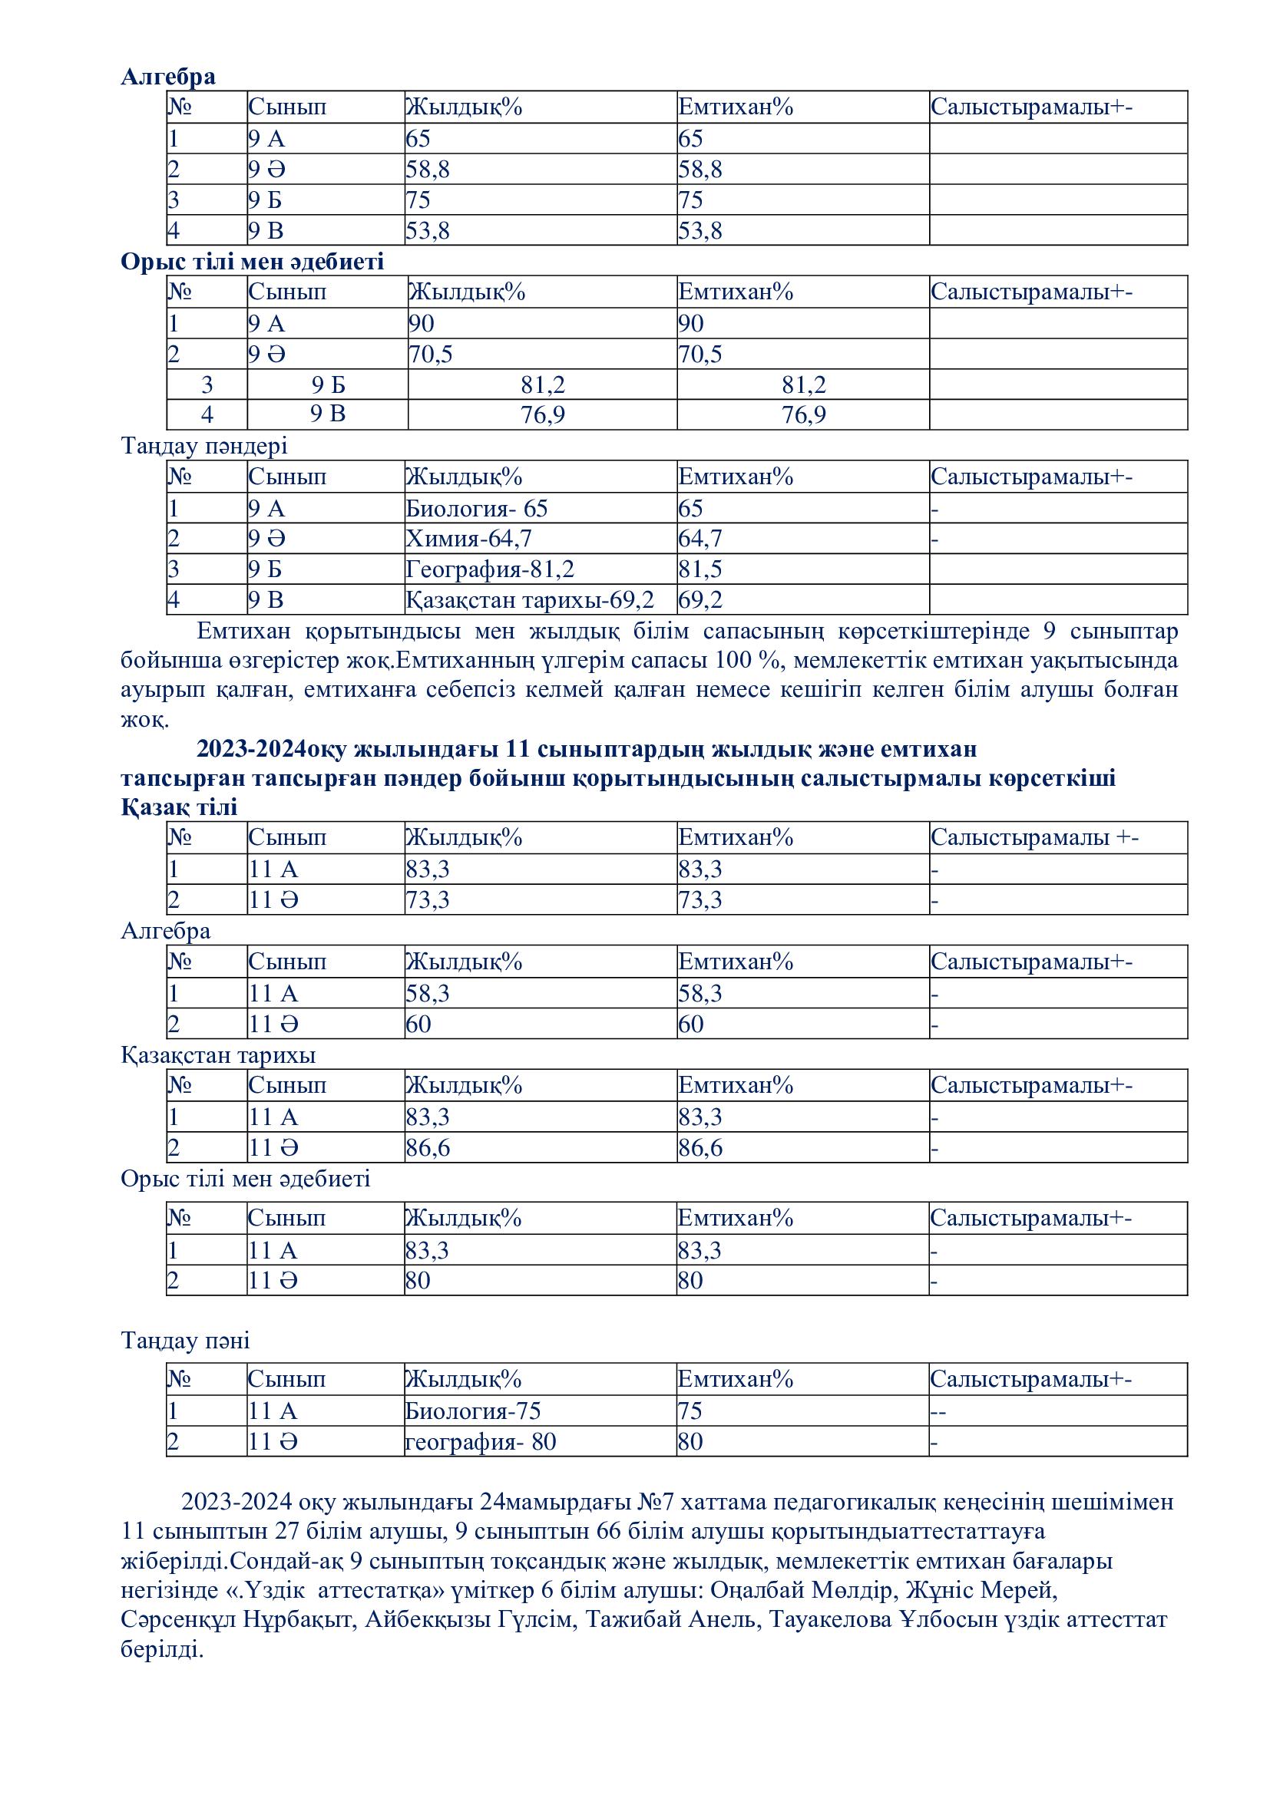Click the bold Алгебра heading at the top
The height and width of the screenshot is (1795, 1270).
pos(168,77)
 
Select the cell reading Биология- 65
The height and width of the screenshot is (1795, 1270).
pos(476,509)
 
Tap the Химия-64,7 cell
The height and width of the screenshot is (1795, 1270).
pos(468,539)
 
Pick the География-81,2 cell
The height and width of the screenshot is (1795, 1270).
pos(490,569)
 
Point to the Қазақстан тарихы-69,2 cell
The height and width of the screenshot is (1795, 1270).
pos(530,599)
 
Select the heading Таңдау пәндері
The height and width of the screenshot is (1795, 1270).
pos(204,446)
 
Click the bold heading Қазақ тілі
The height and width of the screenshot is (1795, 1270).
pos(179,807)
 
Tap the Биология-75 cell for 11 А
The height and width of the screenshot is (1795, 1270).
pos(472,1411)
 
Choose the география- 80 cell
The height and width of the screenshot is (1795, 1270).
pos(480,1442)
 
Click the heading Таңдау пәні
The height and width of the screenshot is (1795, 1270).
pos(185,1341)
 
